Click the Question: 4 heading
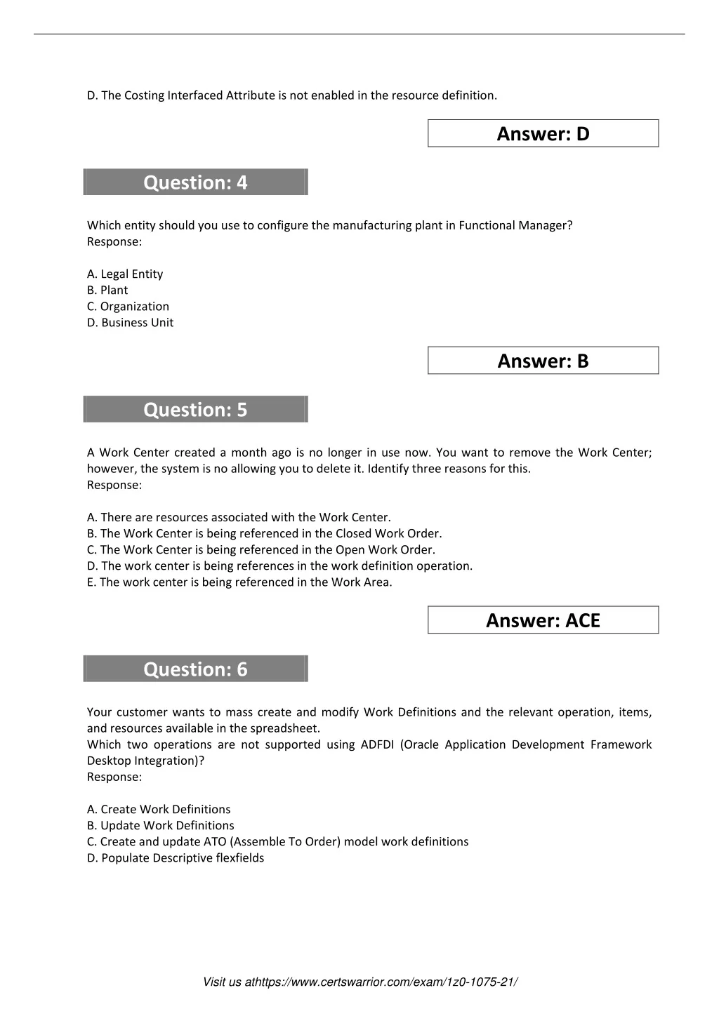coord(195,182)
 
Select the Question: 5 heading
coord(195,410)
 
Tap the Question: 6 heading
coord(195,669)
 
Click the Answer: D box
coord(543,133)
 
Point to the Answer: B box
coord(543,361)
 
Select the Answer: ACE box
coord(543,620)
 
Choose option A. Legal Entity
coord(125,274)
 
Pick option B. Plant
coord(107,290)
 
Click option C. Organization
coord(128,307)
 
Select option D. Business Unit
coord(130,323)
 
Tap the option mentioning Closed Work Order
coord(264,534)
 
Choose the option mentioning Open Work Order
coord(260,550)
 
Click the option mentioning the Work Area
coord(239,582)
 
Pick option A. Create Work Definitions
coord(159,810)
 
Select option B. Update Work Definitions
coord(160,826)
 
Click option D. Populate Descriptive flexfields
coord(176,858)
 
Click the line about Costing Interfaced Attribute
coord(291,95)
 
